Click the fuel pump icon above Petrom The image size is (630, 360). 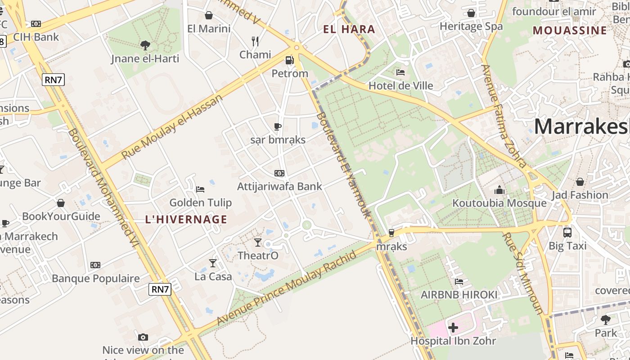pos(289,60)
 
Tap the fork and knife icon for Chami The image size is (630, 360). pos(255,41)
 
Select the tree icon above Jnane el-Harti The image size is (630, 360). pos(145,45)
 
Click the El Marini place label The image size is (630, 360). pos(209,29)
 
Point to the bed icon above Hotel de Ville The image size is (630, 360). pos(400,72)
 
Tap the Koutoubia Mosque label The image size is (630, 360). pos(499,203)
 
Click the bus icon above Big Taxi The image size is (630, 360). pos(567,233)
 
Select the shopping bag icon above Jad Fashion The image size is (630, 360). pos(580,182)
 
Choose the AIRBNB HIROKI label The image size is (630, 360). pos(459,295)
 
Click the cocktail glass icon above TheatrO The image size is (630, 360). pos(258,243)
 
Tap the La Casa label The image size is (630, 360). pos(213,276)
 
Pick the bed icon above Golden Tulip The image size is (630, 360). pos(200,189)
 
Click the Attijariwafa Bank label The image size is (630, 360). pos(279,186)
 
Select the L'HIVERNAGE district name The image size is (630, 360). pos(186,220)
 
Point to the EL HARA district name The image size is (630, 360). pos(349,30)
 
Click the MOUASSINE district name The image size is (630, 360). pos(570,31)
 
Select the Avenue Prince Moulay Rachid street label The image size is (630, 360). pos(287,288)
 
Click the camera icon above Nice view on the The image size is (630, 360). pos(143,337)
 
